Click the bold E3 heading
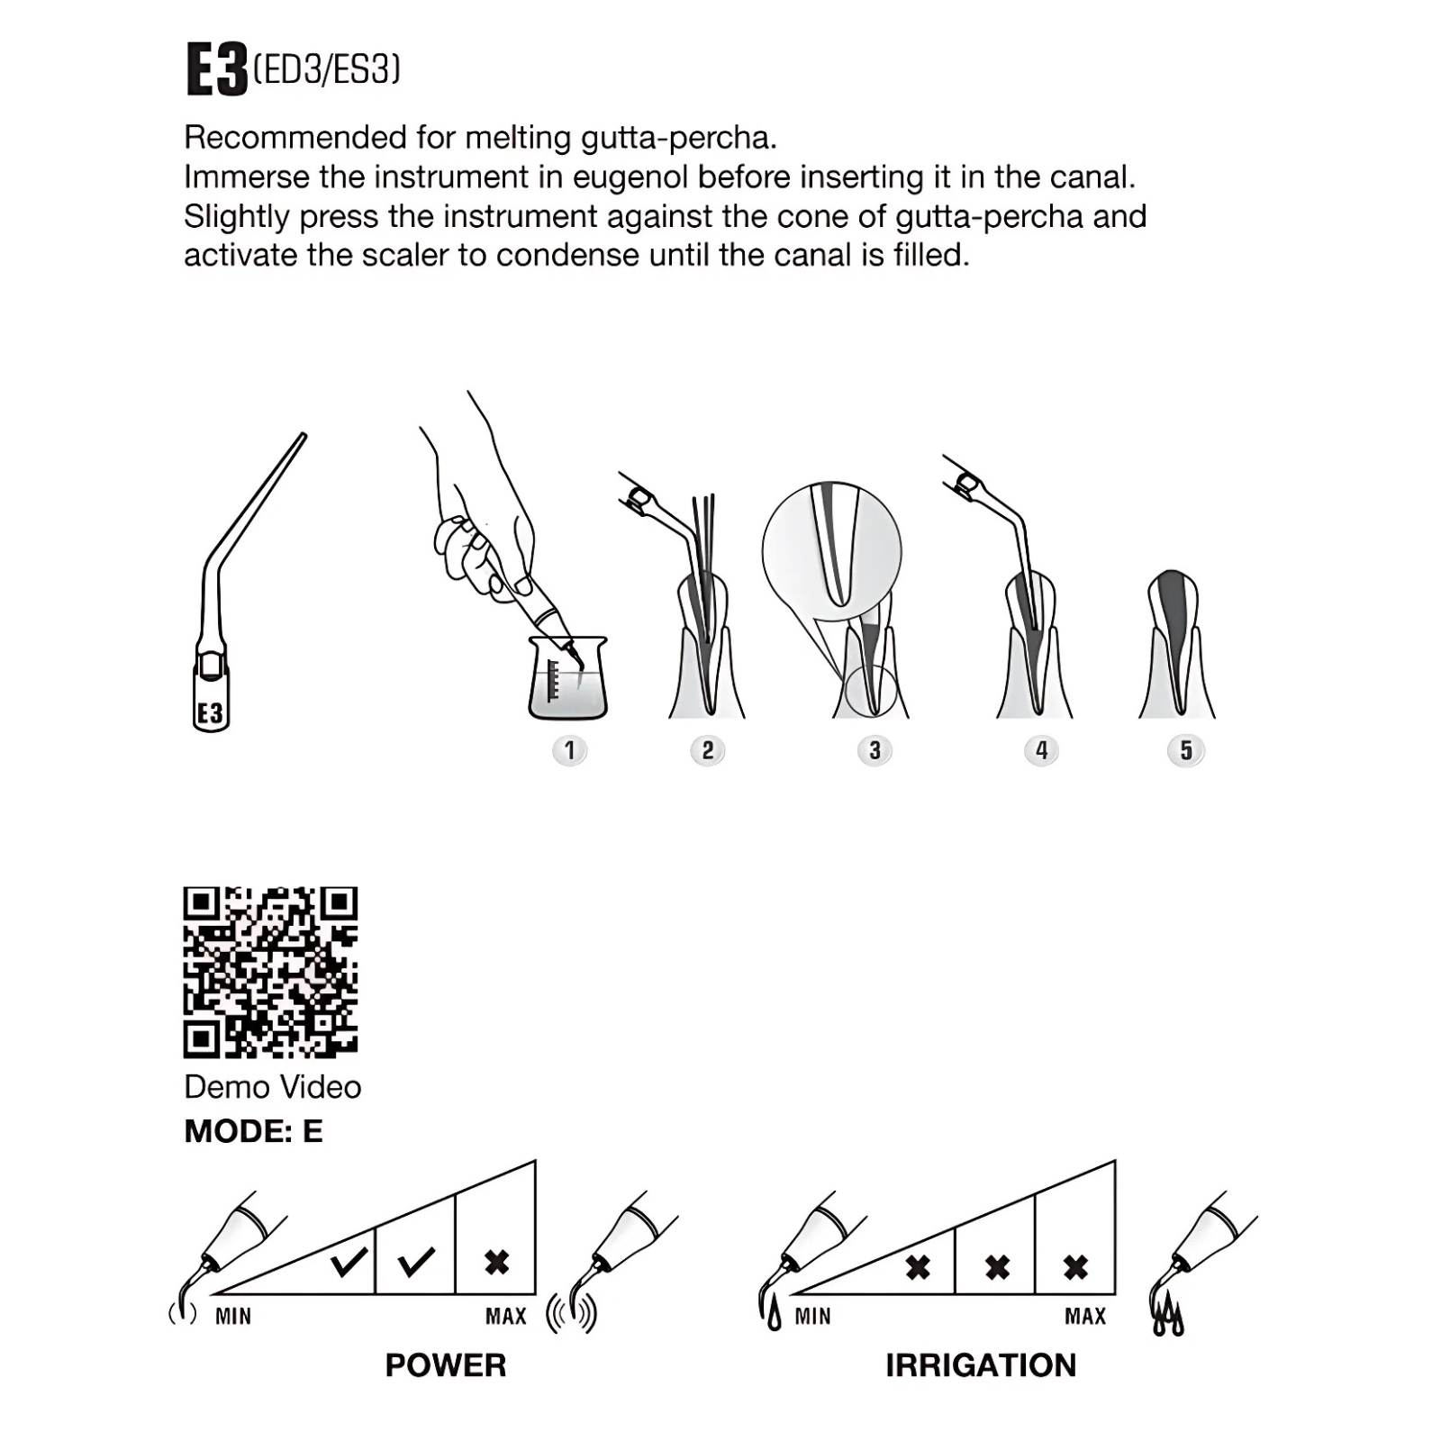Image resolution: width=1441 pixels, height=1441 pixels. click(216, 69)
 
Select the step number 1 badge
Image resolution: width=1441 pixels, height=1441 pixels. click(569, 750)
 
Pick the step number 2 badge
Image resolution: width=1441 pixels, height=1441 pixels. click(708, 750)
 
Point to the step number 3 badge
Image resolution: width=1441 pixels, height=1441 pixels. click(875, 750)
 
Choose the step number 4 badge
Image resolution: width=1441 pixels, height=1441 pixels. click(1042, 750)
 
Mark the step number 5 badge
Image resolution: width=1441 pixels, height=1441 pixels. click(1185, 750)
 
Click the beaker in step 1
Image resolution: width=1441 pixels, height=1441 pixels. click(568, 678)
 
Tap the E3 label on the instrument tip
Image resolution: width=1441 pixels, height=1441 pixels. click(211, 714)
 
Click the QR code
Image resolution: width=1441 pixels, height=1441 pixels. click(271, 973)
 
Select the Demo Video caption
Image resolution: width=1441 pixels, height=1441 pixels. click(273, 1087)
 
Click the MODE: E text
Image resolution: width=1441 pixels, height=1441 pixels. click(253, 1131)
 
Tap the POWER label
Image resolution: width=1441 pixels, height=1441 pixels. click(446, 1365)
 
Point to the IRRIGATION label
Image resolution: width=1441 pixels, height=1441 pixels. click(981, 1365)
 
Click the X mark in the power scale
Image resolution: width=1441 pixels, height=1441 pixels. click(496, 1262)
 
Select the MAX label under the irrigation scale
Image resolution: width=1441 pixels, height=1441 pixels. click(1085, 1317)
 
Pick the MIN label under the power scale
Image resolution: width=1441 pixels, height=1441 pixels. click(233, 1317)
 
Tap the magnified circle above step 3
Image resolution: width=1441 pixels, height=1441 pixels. click(831, 551)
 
